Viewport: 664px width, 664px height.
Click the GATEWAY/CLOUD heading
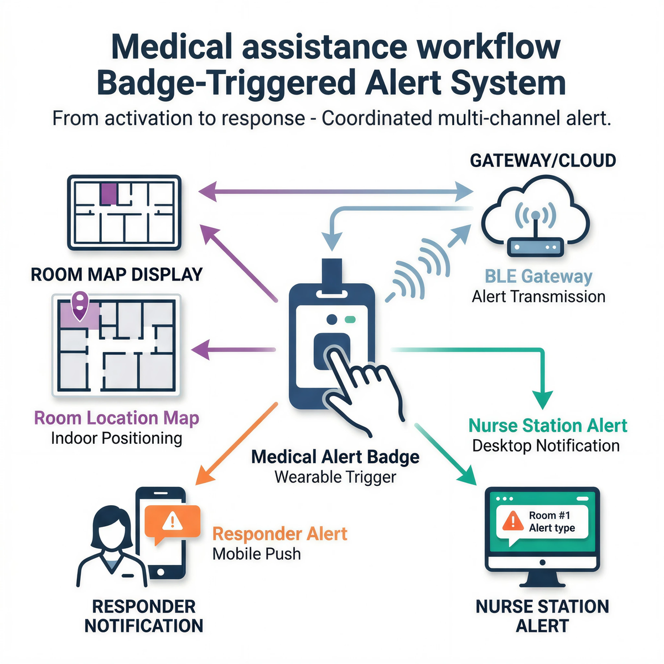pyautogui.click(x=543, y=160)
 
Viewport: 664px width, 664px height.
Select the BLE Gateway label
pyautogui.click(x=538, y=276)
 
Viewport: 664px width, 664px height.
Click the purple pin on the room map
pyautogui.click(x=81, y=304)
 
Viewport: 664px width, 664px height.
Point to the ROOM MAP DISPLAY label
pyautogui.click(x=117, y=274)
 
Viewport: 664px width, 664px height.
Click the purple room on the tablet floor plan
pyautogui.click(x=108, y=194)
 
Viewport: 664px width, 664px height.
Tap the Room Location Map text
pyautogui.click(x=117, y=418)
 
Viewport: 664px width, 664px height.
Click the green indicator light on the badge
pyautogui.click(x=350, y=320)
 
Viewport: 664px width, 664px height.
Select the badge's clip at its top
pyautogui.click(x=332, y=273)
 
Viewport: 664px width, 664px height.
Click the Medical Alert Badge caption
pyautogui.click(x=335, y=457)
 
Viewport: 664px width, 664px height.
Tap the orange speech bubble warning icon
pyautogui.click(x=172, y=521)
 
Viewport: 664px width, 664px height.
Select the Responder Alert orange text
pyautogui.click(x=280, y=534)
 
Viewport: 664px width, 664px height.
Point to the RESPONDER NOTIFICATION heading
pyautogui.click(x=144, y=616)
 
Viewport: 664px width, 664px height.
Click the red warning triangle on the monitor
pyautogui.click(x=513, y=520)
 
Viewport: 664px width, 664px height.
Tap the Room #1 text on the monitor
pyautogui.click(x=549, y=515)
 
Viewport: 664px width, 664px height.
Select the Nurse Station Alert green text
pyautogui.click(x=548, y=426)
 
